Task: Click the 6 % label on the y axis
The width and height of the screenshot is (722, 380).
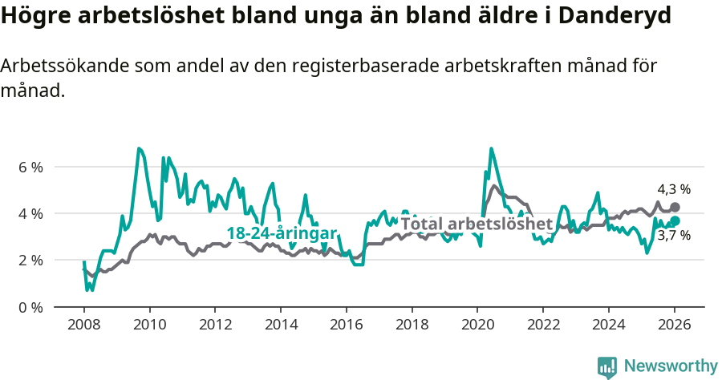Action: tap(30, 167)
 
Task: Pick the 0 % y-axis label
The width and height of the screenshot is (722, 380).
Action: tap(30, 307)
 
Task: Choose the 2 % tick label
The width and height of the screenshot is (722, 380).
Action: tap(30, 260)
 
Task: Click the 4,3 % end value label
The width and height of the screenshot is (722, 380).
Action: tap(674, 190)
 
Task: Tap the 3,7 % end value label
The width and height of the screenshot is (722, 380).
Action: tap(674, 236)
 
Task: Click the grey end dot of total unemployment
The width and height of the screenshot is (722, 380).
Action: tap(675, 207)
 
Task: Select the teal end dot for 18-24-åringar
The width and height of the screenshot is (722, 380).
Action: tap(675, 220)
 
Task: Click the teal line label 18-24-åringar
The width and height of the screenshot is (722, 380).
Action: tap(282, 232)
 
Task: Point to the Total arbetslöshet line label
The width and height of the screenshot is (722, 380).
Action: tap(477, 224)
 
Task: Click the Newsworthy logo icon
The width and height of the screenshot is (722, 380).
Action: tap(606, 367)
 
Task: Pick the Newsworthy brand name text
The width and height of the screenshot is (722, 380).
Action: tap(671, 366)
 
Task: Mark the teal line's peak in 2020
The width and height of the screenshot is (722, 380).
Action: tap(491, 148)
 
